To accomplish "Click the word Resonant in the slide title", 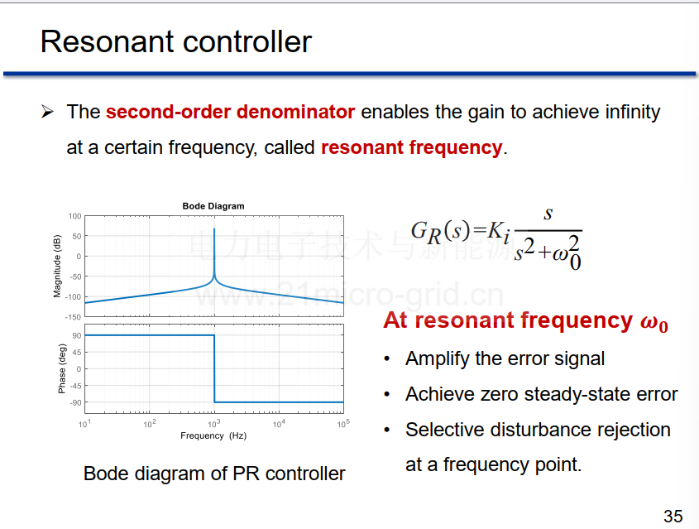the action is point(107,42).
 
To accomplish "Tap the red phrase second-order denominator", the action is point(231,112).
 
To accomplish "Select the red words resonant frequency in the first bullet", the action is point(412,147).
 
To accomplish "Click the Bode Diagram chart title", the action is point(213,206).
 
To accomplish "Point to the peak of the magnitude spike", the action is point(214,228).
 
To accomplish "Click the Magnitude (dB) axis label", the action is point(56,267).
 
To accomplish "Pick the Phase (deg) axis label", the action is point(61,369).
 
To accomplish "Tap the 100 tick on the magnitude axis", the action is point(75,216).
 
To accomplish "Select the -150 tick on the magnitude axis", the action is point(74,317).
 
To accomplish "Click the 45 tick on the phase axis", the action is point(77,353).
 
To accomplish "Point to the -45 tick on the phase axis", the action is point(76,386).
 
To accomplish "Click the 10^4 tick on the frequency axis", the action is point(279,423).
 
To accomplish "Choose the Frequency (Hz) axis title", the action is point(213,435).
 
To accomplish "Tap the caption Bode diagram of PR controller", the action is point(214,474).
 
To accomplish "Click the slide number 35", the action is point(673,517).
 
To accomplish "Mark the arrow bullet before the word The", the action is point(47,112).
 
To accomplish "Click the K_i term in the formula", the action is point(498,233).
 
